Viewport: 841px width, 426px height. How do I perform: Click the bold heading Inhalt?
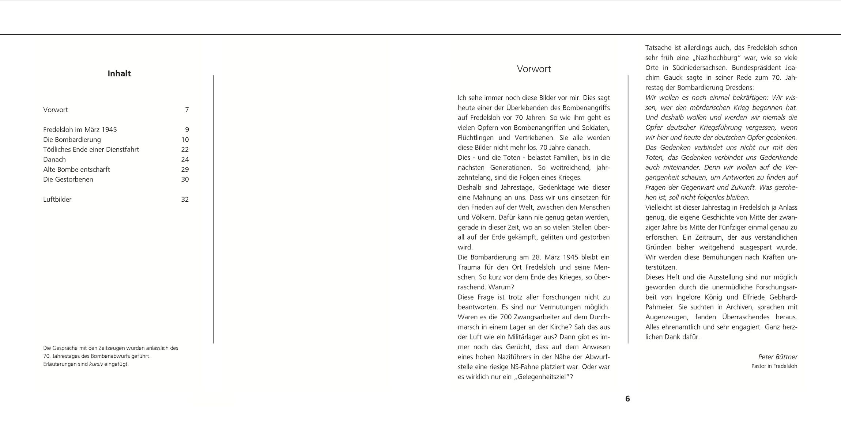119,73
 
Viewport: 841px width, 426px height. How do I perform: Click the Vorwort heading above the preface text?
533,69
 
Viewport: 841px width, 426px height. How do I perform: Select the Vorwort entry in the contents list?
56,110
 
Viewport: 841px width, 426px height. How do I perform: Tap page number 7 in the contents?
187,110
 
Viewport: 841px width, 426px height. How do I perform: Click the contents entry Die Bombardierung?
72,140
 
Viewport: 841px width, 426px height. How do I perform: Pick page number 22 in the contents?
185,149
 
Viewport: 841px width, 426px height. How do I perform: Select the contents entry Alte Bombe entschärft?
76,170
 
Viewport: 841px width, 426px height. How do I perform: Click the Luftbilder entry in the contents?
57,199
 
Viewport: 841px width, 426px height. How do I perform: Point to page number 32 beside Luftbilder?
185,199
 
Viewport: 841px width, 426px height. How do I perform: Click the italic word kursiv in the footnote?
96,364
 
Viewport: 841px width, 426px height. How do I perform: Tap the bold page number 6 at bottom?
627,399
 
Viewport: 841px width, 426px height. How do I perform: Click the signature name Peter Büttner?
778,357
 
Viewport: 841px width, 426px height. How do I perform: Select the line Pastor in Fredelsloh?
774,366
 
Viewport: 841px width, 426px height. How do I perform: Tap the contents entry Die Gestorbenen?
68,179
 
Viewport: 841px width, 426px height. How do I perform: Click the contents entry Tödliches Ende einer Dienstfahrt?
91,149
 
